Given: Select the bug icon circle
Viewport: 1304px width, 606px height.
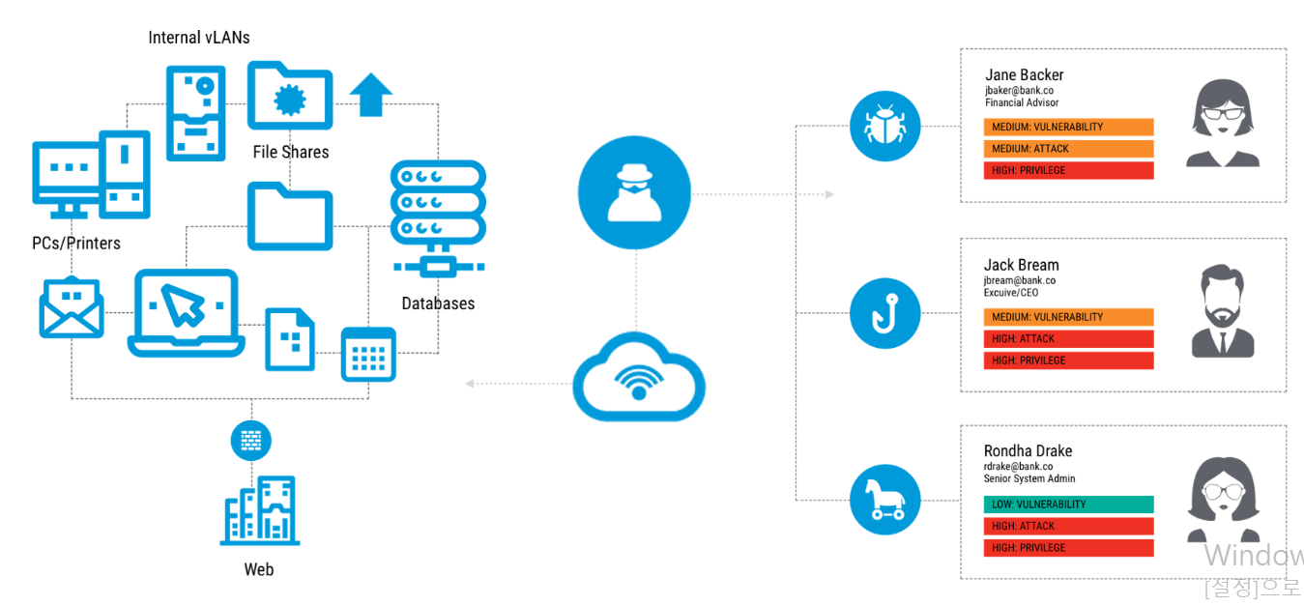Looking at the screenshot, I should coord(884,126).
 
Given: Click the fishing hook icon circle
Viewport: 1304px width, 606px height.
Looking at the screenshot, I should coord(884,314).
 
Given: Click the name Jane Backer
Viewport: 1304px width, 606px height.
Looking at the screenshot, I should coord(1024,74).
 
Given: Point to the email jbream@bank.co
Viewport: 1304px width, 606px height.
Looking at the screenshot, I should coord(1019,280).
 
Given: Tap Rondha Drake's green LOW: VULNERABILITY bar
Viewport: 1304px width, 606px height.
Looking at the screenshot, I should coord(1068,505).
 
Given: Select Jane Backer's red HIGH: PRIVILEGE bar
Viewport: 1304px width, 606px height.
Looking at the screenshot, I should coord(1068,171).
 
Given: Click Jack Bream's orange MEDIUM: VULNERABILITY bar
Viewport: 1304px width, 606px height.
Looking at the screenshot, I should coord(1068,317).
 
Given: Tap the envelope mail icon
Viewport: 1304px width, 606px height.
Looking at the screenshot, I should coord(71,307).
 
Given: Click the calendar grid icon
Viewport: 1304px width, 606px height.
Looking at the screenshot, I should coord(368,354).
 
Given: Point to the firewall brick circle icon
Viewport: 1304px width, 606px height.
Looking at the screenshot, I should coord(250,441).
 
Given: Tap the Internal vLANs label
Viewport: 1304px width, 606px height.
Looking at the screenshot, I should coord(199,38).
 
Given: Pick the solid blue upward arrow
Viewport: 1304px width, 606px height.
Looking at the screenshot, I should coord(370,95).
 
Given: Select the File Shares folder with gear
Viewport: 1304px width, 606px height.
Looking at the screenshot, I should coord(290,97).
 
